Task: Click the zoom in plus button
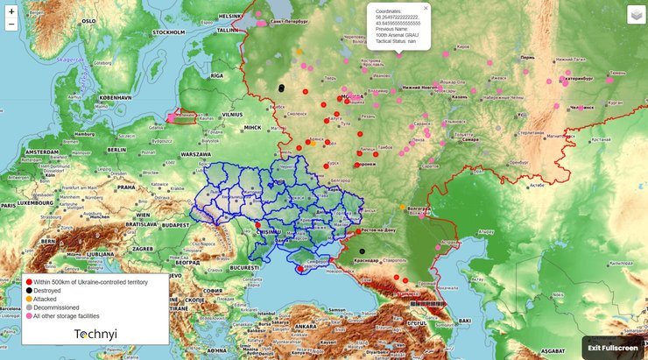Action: click(11, 11)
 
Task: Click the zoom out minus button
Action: click(11, 25)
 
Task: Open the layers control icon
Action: click(635, 15)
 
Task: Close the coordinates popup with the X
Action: click(426, 7)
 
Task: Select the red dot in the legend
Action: click(29, 282)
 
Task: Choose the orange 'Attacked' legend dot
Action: click(29, 300)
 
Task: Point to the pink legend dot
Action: click(29, 316)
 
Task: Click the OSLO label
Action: click(88, 19)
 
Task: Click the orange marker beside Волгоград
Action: click(403, 208)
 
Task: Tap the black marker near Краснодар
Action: click(362, 251)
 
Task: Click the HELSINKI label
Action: click(230, 15)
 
